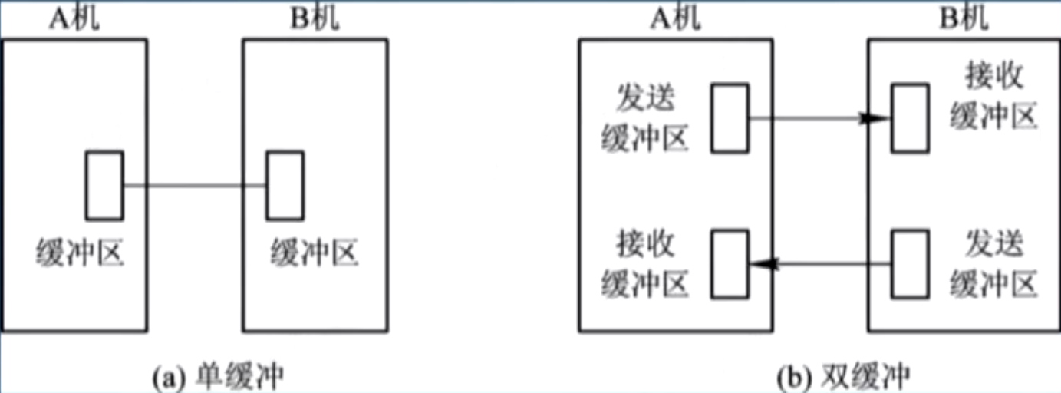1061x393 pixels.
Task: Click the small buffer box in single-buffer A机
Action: (x=104, y=185)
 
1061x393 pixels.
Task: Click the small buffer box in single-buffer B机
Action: (x=285, y=185)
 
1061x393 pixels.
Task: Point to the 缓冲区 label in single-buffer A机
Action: (x=80, y=253)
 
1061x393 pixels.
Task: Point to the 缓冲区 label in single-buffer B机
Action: (x=315, y=253)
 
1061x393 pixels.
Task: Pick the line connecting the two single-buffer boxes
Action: (x=194, y=185)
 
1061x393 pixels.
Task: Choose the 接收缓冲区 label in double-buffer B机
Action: (x=993, y=97)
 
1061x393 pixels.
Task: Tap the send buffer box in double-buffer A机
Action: (x=729, y=118)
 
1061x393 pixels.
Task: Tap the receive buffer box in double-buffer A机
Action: (x=729, y=264)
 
